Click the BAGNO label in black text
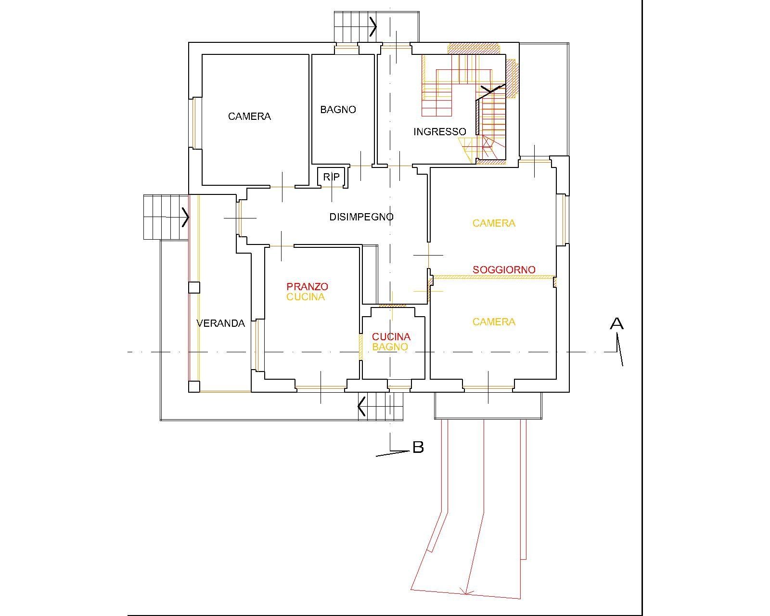(x=338, y=110)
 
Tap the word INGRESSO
(x=440, y=132)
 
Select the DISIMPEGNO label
(x=361, y=217)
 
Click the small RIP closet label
(x=331, y=177)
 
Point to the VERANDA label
(x=221, y=323)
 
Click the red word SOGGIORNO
(x=504, y=270)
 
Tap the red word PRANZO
(x=308, y=286)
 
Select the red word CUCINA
(x=391, y=336)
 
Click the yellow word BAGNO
(x=390, y=347)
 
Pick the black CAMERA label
(x=249, y=116)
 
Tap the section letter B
(x=418, y=448)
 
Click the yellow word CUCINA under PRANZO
(x=306, y=297)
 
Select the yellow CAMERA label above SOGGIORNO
(x=494, y=223)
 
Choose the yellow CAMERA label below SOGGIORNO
(x=494, y=322)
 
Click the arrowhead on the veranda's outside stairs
(x=185, y=217)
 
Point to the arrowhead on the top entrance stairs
(x=373, y=26)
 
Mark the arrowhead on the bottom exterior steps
(x=361, y=406)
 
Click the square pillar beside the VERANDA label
(x=194, y=288)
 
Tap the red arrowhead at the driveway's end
(x=465, y=591)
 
